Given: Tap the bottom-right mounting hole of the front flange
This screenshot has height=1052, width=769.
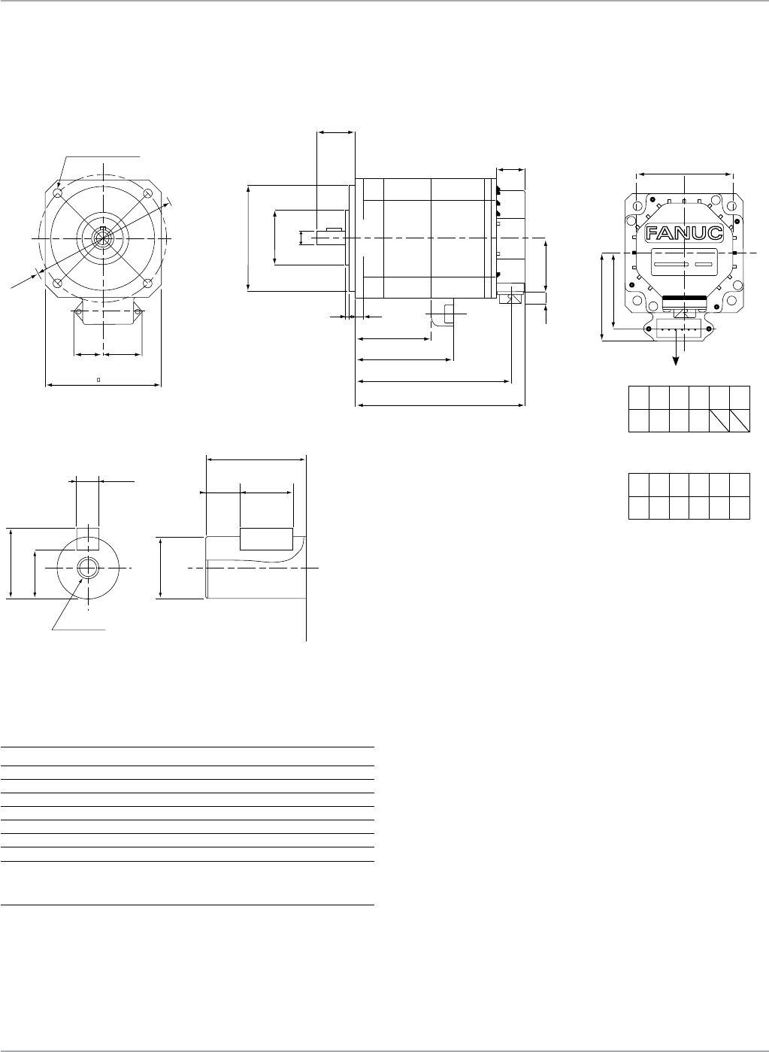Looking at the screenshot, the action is coord(148,283).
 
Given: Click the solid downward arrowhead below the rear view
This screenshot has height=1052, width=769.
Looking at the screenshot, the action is coord(677,361).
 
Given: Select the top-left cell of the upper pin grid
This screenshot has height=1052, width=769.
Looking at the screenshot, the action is coord(638,398).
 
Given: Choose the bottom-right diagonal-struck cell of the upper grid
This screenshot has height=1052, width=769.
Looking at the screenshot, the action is coord(740,421).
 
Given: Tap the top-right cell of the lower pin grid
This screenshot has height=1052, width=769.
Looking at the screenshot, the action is coord(740,484).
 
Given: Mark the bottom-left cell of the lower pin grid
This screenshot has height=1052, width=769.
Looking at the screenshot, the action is coord(638,508).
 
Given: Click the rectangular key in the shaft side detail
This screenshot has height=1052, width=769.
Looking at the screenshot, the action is coord(266,540).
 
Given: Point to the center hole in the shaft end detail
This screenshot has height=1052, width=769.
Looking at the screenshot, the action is coord(87,568).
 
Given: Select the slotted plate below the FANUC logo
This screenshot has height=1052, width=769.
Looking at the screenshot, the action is coord(684,265).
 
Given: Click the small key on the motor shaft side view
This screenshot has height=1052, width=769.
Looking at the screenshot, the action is coord(335,229).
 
